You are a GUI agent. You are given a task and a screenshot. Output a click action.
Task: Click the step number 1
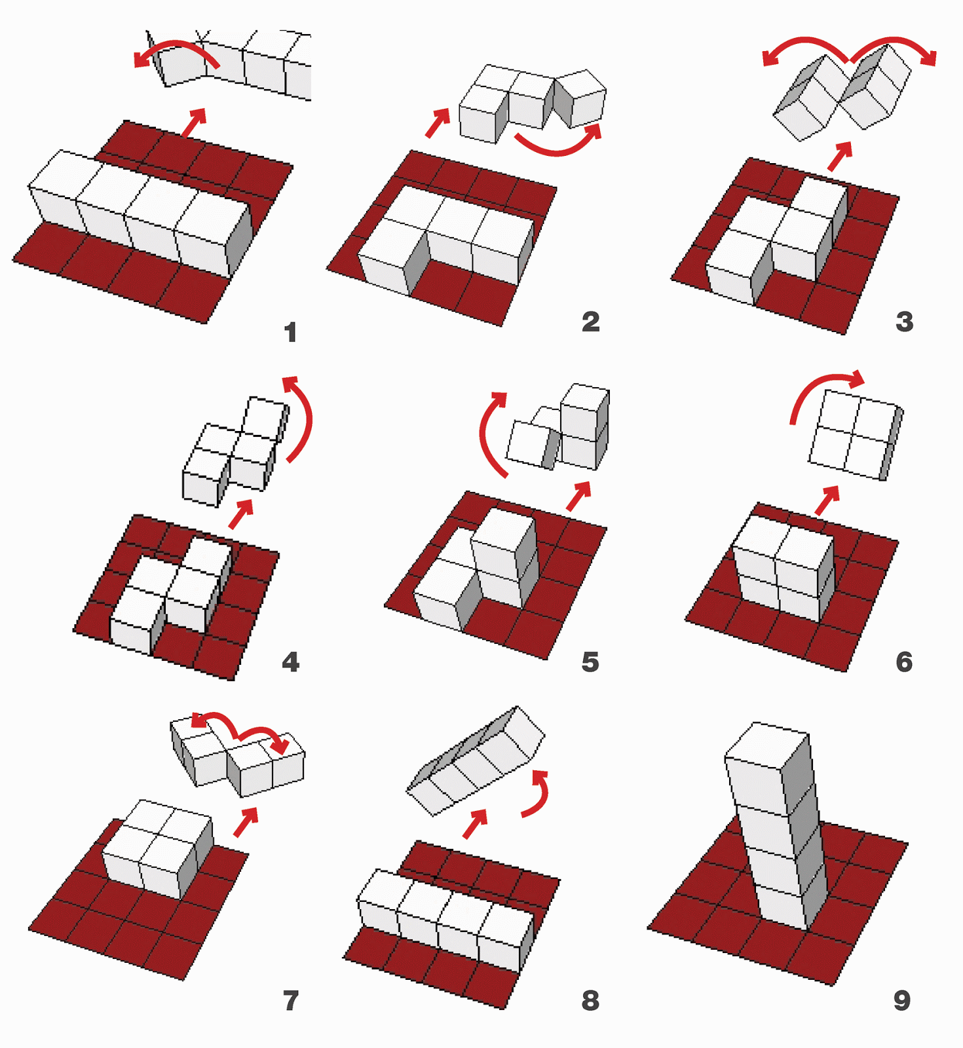(x=290, y=333)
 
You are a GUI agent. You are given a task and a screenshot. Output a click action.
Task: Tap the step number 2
(x=590, y=322)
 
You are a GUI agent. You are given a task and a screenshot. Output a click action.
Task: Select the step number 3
(x=904, y=322)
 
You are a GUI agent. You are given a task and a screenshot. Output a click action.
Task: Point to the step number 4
(x=290, y=662)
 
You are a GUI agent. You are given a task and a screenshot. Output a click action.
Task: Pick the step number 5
(x=590, y=662)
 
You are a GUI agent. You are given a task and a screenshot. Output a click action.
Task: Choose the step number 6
(x=904, y=662)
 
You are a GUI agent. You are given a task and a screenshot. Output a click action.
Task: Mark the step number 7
(x=290, y=1001)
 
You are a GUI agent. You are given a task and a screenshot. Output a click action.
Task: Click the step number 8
(x=590, y=1001)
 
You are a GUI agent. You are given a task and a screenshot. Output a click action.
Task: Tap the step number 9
(x=902, y=1001)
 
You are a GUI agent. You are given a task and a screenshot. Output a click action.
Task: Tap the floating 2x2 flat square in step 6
(x=852, y=434)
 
